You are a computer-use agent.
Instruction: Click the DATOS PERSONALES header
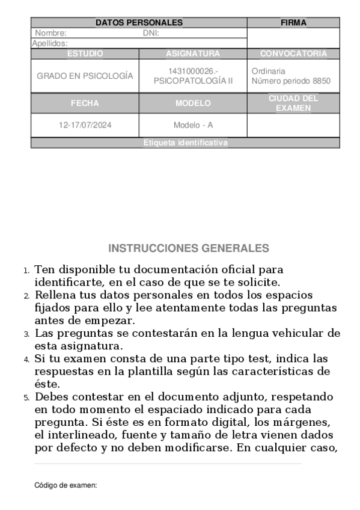point(139,23)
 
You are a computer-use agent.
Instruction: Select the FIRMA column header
point(293,23)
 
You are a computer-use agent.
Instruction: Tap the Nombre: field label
point(50,33)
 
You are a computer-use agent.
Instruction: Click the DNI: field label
point(151,33)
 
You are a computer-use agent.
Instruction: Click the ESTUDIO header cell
point(85,54)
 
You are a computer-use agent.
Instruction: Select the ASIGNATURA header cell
point(193,54)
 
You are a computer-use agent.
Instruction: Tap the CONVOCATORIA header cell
point(293,54)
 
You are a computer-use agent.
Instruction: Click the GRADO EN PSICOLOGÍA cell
point(85,76)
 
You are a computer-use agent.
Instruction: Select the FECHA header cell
point(85,103)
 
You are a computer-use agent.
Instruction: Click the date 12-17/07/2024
point(85,126)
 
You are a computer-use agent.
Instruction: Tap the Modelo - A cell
point(193,126)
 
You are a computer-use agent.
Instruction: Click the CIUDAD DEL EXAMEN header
point(293,103)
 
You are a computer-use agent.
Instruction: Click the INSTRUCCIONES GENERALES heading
point(189,248)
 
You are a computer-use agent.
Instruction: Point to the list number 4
point(26,360)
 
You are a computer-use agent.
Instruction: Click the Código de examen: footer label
point(66,485)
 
